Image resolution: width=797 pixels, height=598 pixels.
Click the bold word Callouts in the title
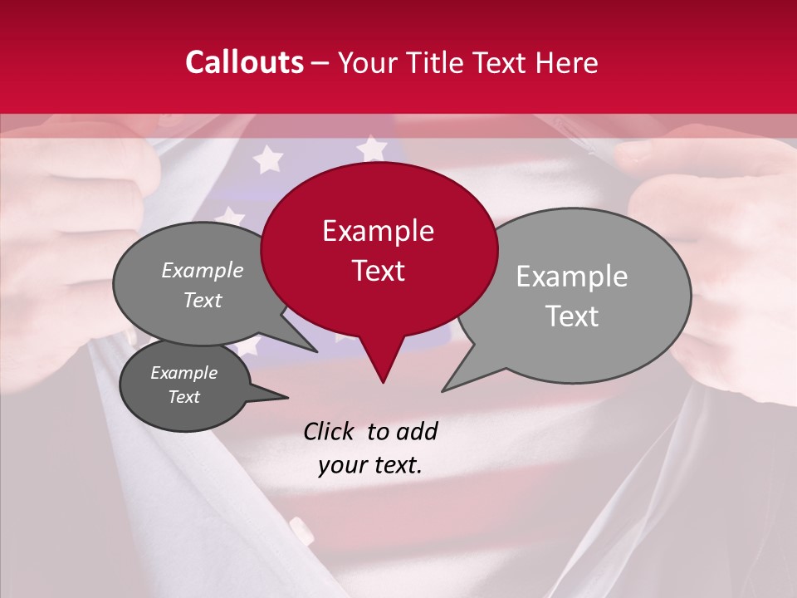pyautogui.click(x=245, y=62)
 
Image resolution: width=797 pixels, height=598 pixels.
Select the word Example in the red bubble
pyautogui.click(x=378, y=231)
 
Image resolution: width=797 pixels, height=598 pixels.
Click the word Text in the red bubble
pyautogui.click(x=378, y=271)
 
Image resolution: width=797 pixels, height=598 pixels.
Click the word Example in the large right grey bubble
pyautogui.click(x=572, y=277)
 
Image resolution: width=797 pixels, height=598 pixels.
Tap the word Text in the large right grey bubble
pyautogui.click(x=572, y=316)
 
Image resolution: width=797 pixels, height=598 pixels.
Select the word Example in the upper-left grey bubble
pyautogui.click(x=203, y=271)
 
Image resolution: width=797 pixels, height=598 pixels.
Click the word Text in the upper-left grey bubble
pyautogui.click(x=203, y=301)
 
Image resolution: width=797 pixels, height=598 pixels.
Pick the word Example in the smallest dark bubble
pyautogui.click(x=183, y=373)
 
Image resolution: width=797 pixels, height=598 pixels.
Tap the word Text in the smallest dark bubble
pyautogui.click(x=183, y=397)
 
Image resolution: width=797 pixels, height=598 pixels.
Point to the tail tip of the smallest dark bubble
pyautogui.click(x=287, y=397)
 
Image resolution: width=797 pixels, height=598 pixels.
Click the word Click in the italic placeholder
pyautogui.click(x=330, y=431)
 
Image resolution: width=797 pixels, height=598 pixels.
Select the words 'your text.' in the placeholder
pyautogui.click(x=370, y=465)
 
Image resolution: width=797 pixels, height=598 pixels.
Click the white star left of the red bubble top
pyautogui.click(x=267, y=158)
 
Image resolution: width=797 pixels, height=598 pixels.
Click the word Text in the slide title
pyautogui.click(x=501, y=62)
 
